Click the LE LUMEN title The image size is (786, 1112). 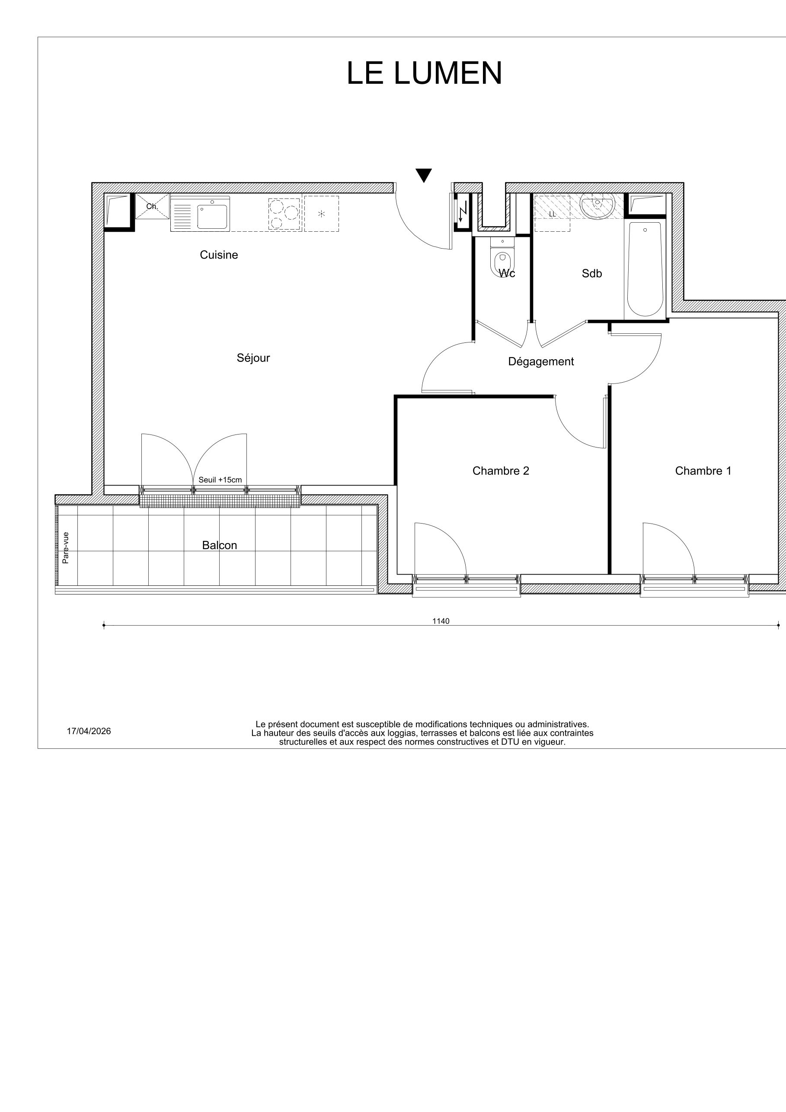[424, 73]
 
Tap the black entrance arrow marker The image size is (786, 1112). [424, 175]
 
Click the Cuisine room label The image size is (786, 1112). [219, 255]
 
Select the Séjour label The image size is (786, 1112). [253, 358]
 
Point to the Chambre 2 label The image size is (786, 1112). [501, 471]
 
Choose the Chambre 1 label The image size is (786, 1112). [703, 471]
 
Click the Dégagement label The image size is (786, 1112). [541, 361]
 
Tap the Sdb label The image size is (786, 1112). [592, 274]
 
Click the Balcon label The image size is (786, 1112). [219, 545]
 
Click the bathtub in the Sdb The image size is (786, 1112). [645, 269]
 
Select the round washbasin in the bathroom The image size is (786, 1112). [597, 205]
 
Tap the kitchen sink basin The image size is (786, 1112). [212, 217]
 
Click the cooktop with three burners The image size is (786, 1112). [285, 214]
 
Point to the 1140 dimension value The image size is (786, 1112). [441, 621]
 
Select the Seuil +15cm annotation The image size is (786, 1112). [220, 480]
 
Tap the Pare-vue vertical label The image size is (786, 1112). [65, 548]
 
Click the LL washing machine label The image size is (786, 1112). [552, 214]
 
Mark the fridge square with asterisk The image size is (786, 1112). [321, 214]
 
